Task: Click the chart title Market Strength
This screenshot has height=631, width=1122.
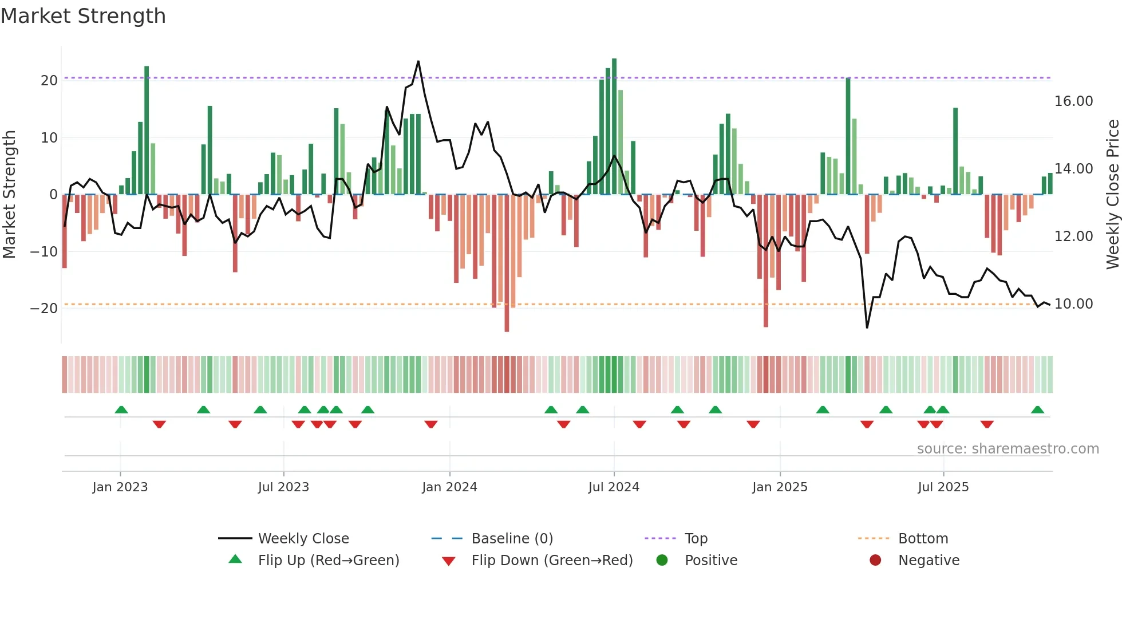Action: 83,16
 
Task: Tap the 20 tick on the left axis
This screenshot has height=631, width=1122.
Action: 49,81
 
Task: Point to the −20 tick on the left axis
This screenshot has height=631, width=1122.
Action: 45,309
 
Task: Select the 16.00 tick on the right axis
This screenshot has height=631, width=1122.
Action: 1073,101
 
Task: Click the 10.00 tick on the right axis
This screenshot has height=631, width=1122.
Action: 1073,304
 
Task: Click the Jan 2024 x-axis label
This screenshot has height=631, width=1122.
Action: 449,487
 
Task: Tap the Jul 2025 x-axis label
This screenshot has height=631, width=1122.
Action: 943,487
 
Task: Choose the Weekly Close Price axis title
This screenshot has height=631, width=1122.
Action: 1112,195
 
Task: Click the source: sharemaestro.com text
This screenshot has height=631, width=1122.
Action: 1008,449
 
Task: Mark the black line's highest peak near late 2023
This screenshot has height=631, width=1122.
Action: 418,61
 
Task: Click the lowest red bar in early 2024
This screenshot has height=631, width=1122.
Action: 507,330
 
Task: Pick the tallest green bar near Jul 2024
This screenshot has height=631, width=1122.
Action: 614,60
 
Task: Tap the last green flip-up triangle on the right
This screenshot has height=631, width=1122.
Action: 1037,410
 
